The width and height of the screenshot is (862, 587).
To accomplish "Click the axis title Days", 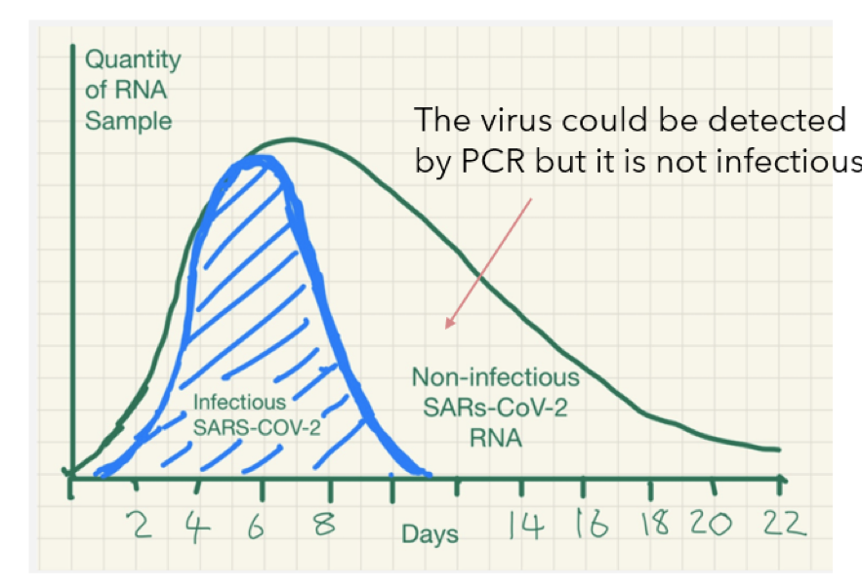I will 430,534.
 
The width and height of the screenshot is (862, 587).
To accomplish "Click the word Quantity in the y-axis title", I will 133,59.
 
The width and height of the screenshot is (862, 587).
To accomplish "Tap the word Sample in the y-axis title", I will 128,122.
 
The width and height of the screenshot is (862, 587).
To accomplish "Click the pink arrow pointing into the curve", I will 488,263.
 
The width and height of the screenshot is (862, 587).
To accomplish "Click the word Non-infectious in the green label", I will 495,377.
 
